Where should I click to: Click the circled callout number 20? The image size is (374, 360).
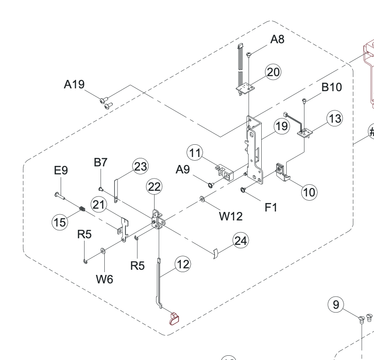[x=273, y=72]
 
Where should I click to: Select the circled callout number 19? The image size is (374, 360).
[x=281, y=126]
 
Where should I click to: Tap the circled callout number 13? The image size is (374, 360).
[x=335, y=118]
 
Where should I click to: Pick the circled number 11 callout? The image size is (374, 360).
[x=195, y=153]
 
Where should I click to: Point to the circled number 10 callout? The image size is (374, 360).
[x=309, y=192]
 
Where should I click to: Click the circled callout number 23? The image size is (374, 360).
[x=140, y=166]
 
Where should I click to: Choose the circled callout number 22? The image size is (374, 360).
[x=154, y=187]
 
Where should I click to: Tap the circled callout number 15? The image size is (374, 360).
[x=60, y=222]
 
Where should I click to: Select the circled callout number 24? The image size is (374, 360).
[x=241, y=241]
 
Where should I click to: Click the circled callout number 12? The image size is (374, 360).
[x=183, y=264]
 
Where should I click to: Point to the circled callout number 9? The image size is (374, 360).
[x=335, y=305]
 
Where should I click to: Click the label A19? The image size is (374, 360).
[x=74, y=85]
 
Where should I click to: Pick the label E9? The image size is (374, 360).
[x=61, y=170]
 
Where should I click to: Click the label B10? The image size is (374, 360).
[x=332, y=87]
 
